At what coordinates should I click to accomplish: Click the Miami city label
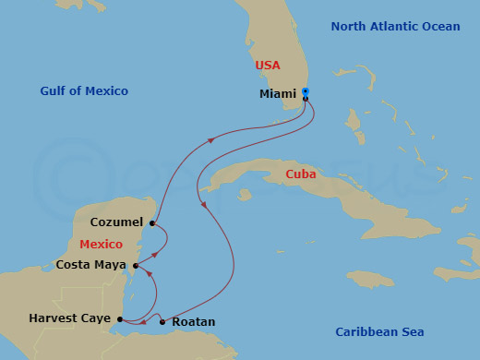click(x=278, y=94)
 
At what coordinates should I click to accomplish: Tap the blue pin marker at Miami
click(x=306, y=92)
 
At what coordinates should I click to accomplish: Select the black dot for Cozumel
click(x=152, y=222)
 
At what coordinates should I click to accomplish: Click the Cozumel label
click(x=116, y=222)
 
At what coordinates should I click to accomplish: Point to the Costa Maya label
click(x=90, y=265)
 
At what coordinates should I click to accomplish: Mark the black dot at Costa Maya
click(x=136, y=266)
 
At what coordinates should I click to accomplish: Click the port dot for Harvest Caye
click(x=120, y=319)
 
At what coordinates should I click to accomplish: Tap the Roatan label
click(x=194, y=322)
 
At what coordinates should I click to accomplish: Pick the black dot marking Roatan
click(x=162, y=322)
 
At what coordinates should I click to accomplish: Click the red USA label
click(x=268, y=66)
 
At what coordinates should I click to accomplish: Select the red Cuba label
click(x=300, y=174)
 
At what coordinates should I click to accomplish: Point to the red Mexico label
click(x=101, y=245)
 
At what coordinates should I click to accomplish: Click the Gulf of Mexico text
click(x=84, y=90)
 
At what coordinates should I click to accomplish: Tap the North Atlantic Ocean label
click(x=394, y=27)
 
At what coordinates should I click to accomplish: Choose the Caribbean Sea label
click(x=378, y=331)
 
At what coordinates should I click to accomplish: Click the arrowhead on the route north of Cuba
click(x=211, y=140)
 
